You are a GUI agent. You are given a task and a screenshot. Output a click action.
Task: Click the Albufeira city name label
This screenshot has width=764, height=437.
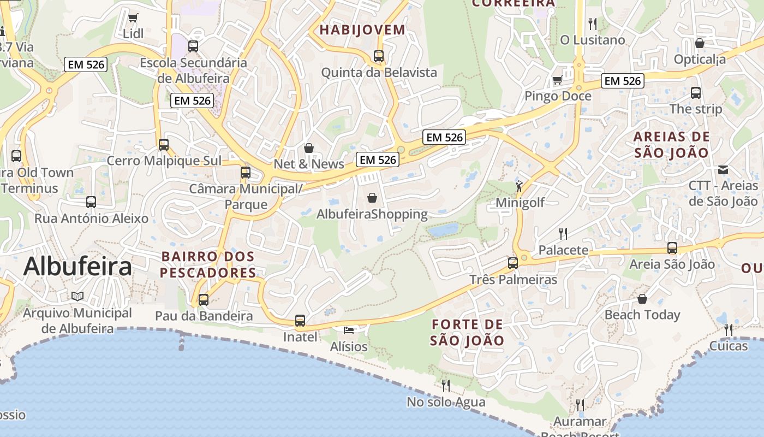[x=77, y=267]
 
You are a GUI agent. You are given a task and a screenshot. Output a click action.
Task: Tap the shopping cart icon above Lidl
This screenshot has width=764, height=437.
[x=133, y=17]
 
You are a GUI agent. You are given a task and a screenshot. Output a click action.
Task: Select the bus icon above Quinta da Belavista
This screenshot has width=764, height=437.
[x=379, y=56]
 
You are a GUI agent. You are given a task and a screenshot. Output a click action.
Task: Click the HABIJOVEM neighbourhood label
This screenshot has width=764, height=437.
[x=362, y=29]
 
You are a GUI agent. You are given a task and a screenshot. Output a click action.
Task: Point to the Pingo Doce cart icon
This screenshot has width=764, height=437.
[x=557, y=80]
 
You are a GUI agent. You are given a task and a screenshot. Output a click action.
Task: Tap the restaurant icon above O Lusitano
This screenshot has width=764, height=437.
[x=593, y=23]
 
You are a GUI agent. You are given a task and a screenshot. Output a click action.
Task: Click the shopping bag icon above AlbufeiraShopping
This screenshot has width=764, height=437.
[x=372, y=197]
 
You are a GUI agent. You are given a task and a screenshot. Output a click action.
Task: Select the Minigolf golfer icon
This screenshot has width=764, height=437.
[x=519, y=186]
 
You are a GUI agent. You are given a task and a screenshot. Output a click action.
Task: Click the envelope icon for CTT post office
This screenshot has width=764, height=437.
[x=723, y=169]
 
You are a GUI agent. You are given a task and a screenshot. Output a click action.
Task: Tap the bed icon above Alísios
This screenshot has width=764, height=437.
[x=349, y=330]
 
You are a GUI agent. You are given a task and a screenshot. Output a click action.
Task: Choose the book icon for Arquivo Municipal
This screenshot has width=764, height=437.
[x=77, y=296]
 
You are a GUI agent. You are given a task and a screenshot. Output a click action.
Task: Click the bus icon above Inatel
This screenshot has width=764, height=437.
[x=300, y=321]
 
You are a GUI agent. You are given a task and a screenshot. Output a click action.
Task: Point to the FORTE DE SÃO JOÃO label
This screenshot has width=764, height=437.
[x=467, y=332]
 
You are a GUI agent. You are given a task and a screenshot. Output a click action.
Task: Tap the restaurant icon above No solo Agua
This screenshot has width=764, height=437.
[x=446, y=386]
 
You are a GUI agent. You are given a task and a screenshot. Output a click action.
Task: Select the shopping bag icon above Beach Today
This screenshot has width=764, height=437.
[x=642, y=299]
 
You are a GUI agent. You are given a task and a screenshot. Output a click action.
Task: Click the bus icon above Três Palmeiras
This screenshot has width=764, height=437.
[x=513, y=263]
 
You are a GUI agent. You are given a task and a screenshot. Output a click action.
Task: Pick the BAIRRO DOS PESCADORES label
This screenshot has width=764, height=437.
[x=208, y=264]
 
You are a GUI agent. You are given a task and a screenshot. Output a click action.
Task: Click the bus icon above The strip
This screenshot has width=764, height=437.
[x=696, y=93]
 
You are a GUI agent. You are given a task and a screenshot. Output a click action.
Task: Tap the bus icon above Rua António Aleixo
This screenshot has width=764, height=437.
[x=91, y=202]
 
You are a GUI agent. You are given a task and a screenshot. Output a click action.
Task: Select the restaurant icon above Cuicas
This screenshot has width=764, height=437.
[x=729, y=329]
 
